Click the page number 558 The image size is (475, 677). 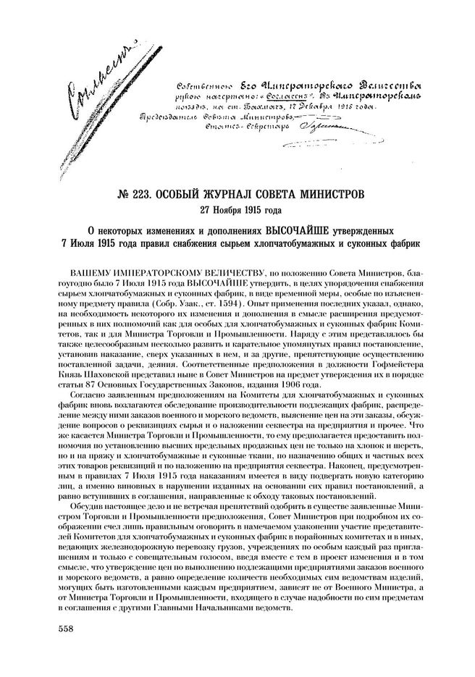pyautogui.click(x=67, y=628)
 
